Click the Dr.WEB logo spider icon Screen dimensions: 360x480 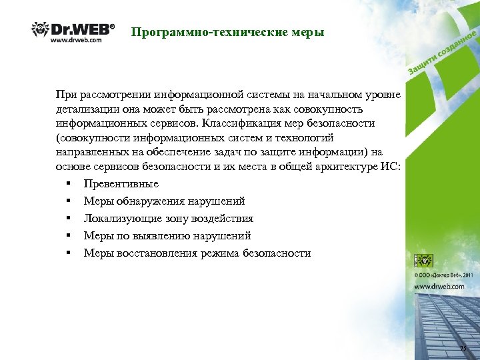pos(39,29)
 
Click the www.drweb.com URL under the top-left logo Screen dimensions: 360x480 pos(76,40)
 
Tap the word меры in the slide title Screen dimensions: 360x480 pos(307,31)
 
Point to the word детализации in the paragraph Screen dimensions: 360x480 pos(86,109)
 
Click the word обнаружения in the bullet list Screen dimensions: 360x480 pos(145,201)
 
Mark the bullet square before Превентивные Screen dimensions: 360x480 pos(68,183)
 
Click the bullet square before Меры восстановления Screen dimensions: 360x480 pos(68,253)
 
